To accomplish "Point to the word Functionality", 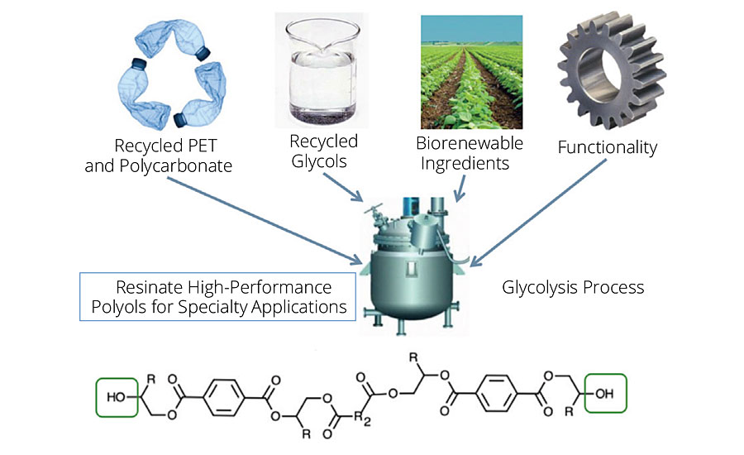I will [x=607, y=148].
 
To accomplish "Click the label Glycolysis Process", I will [x=573, y=289].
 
